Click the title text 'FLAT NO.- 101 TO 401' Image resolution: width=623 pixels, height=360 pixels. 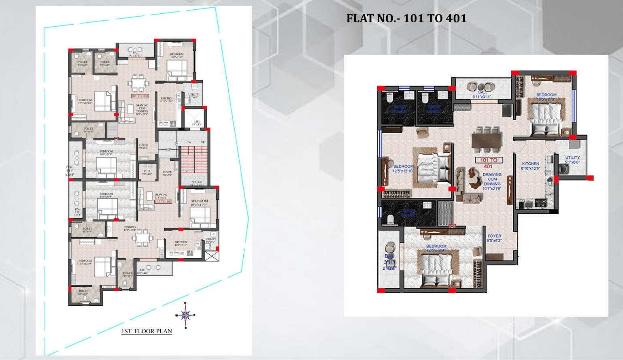click(406, 19)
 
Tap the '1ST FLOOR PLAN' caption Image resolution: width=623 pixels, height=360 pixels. click(147, 331)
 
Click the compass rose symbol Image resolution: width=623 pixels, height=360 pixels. click(185, 315)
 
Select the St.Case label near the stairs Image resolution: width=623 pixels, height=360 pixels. click(197, 183)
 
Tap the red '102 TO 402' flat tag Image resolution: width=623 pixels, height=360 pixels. click(163, 202)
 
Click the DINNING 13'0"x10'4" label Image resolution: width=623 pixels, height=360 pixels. click(130, 228)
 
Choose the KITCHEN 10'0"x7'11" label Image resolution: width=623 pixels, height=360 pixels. click(181, 243)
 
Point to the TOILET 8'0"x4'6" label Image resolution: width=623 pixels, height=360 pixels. click(83, 292)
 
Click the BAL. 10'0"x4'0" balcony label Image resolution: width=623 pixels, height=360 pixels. click(142, 271)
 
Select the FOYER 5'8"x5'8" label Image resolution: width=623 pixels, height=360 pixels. click(167, 173)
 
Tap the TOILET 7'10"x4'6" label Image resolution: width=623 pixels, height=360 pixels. click(127, 274)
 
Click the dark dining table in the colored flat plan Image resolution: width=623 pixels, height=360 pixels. click(487, 143)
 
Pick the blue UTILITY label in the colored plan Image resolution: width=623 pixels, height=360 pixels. click(572, 160)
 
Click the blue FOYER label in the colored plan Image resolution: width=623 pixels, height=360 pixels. click(494, 238)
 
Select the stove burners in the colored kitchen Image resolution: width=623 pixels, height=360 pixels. click(540, 202)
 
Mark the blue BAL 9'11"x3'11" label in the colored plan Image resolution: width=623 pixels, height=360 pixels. click(482, 95)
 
